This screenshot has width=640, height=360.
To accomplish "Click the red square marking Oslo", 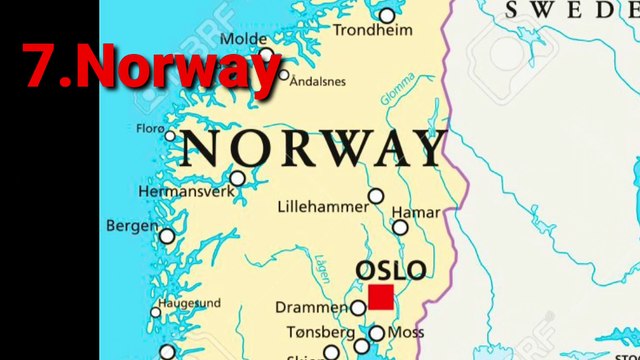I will (380, 297).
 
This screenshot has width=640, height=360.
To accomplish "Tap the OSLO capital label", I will (391, 270).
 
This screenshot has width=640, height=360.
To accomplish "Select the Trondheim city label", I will (373, 30).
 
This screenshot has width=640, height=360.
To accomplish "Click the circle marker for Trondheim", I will (387, 15).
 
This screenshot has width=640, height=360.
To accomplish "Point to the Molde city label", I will (243, 39).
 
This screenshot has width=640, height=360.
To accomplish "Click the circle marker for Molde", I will (266, 55).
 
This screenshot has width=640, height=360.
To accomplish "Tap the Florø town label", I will (149, 128).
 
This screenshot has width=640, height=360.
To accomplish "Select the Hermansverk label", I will (186, 191).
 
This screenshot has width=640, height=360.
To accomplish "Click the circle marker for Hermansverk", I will (237, 178).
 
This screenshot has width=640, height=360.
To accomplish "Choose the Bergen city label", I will (132, 226).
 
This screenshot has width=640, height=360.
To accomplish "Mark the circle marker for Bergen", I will (167, 236).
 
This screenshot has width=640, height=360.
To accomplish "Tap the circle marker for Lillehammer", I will (376, 196).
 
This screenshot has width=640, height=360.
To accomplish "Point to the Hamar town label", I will (415, 213).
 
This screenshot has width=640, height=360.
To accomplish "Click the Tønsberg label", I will (320, 331).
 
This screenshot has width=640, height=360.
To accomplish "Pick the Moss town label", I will (405, 331).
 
